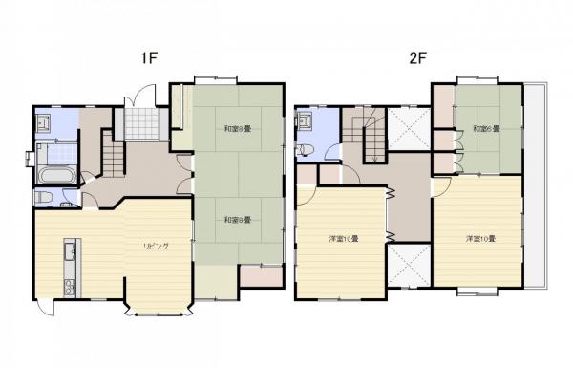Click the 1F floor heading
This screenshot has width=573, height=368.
(148, 57)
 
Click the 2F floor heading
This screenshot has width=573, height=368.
(417, 57)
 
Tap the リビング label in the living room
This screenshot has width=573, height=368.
(157, 246)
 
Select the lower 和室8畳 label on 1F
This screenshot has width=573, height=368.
(237, 220)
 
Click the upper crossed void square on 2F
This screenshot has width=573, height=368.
(409, 129)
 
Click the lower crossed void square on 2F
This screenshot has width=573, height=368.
(409, 264)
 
